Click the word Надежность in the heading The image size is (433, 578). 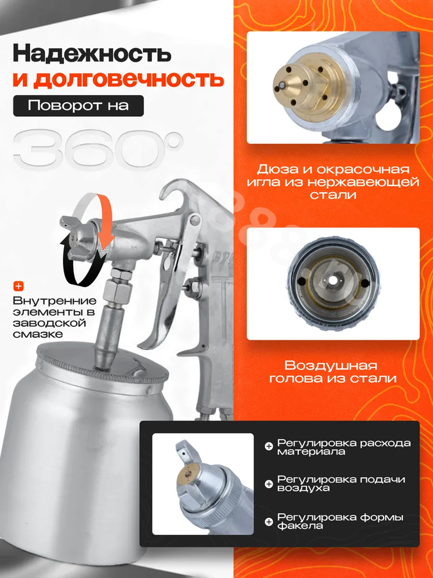click(x=92, y=54)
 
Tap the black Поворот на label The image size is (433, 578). click(x=78, y=106)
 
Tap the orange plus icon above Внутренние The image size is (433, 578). click(x=19, y=286)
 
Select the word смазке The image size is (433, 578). click(x=38, y=335)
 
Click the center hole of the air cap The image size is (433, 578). click(x=333, y=281)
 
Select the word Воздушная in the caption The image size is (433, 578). click(x=330, y=365)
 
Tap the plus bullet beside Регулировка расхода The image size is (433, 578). click(x=269, y=447)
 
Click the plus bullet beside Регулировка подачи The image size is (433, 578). click(x=269, y=484)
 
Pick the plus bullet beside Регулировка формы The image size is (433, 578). click(x=269, y=521)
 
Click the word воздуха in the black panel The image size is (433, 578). click(x=298, y=489)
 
